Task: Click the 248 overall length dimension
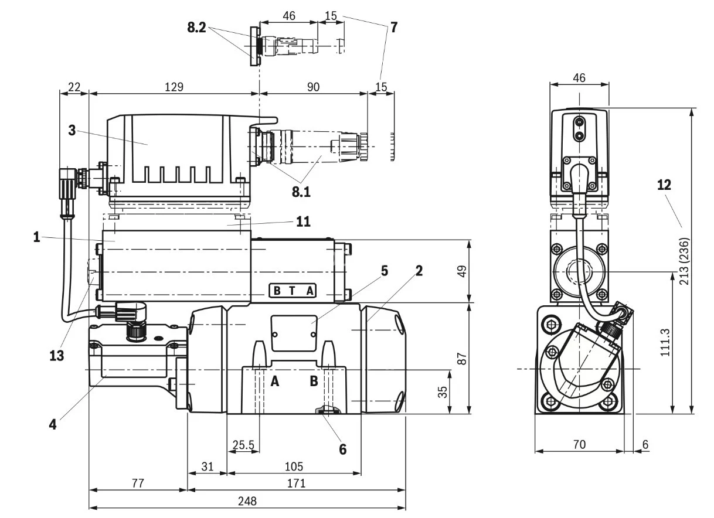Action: pos(247,502)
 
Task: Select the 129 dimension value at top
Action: pos(174,87)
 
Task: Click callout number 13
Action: pos(56,355)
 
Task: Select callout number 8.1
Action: pos(302,190)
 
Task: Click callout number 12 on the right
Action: pos(664,185)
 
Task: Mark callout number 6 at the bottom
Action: pos(342,449)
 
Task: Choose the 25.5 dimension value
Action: pos(243,445)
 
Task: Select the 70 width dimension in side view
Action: pos(579,445)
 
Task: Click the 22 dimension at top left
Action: pos(74,87)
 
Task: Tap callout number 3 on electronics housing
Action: pos(72,130)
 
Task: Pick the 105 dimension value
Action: pos(294,466)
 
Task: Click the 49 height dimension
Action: pos(462,272)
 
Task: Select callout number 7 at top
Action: pos(394,27)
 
